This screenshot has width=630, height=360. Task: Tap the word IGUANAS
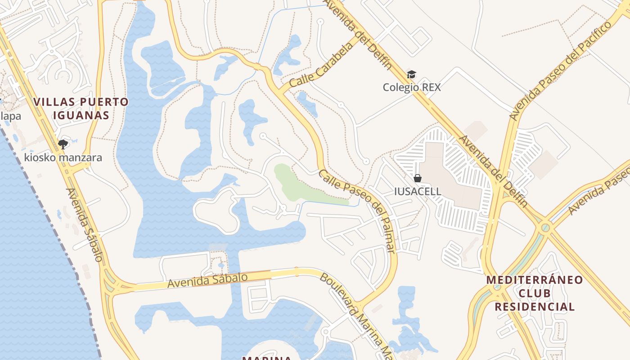click(81, 115)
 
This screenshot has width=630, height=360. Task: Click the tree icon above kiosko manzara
click(63, 144)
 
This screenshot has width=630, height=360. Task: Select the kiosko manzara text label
click(63, 157)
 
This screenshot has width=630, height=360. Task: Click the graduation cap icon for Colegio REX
click(411, 74)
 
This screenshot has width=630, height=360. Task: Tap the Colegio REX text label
click(412, 87)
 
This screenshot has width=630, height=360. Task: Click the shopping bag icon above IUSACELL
click(418, 178)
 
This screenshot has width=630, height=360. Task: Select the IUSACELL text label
click(418, 191)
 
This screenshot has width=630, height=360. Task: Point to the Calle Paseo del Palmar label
click(358, 210)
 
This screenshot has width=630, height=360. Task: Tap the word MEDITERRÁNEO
click(535, 280)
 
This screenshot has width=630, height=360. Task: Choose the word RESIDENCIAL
click(535, 307)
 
